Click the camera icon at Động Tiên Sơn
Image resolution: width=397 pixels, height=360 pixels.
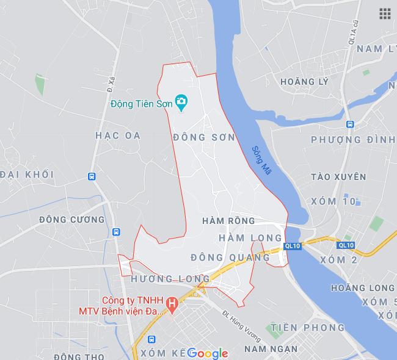pos(181,103)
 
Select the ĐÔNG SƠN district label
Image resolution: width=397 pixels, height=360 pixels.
pos(204,137)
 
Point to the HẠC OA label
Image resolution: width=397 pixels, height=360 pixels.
pos(118,135)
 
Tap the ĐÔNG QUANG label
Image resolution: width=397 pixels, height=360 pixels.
pos(230,257)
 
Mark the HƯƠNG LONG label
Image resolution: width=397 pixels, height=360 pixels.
pos(170,279)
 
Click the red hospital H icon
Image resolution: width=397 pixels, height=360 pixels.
pos(173,303)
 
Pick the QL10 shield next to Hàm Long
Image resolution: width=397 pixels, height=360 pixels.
pos(293,246)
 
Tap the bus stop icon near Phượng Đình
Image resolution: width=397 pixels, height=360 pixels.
pos(350,124)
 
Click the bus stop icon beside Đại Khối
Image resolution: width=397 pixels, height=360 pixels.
pos(91,176)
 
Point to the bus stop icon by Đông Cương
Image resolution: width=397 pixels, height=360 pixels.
pos(115,232)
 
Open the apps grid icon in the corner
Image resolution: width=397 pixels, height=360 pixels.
pos(385,13)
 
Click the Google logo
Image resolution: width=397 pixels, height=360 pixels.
pos(207,353)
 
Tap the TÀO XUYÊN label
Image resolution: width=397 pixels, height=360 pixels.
pos(338,177)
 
